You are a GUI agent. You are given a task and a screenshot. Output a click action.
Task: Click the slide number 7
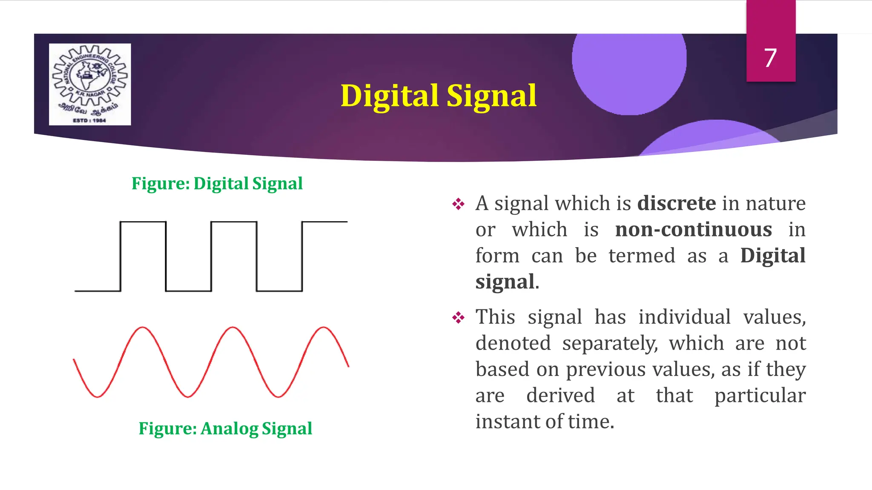click(770, 58)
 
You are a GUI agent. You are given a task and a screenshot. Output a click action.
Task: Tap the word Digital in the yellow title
click(389, 96)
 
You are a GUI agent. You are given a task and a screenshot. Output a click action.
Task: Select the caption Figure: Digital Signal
click(217, 184)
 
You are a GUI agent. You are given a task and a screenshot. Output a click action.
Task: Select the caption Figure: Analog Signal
click(225, 428)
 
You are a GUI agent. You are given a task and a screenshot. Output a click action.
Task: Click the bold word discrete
click(676, 203)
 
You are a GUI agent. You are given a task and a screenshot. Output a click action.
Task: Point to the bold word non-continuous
click(693, 230)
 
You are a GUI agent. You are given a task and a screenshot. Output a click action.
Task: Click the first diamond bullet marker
click(458, 204)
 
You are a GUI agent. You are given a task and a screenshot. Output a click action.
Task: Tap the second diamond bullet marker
click(458, 318)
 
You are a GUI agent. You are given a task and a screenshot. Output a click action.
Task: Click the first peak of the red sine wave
click(143, 328)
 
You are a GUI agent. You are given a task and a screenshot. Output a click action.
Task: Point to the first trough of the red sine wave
click(98, 396)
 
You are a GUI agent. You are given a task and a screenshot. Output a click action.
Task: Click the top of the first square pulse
click(143, 222)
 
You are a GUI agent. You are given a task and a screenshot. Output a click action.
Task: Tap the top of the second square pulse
click(234, 222)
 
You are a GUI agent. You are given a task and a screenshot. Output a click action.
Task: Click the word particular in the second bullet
click(760, 396)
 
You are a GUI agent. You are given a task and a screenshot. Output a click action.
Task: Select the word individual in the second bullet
click(684, 317)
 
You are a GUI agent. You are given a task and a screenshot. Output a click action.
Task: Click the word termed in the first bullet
click(642, 256)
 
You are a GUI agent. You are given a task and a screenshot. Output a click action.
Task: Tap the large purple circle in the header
click(629, 68)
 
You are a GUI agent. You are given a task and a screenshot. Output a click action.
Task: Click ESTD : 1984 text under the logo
click(89, 120)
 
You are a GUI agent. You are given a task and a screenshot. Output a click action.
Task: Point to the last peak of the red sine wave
click(324, 328)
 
